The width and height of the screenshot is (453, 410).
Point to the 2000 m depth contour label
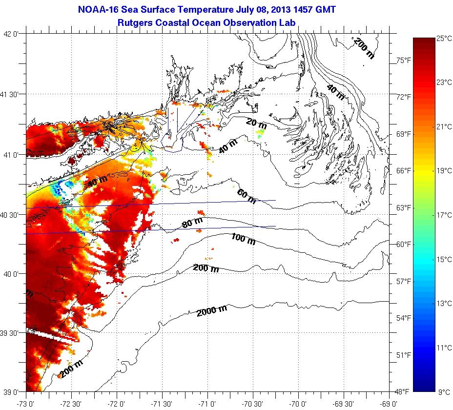pyautogui.click(x=212, y=309)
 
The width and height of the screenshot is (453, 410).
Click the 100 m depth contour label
pyautogui.click(x=243, y=239)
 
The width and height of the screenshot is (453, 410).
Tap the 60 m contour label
pyautogui.click(x=246, y=196)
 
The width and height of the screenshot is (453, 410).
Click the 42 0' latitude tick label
pyautogui.click(x=11, y=34)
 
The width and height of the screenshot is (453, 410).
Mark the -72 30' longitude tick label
pyautogui.click(x=71, y=404)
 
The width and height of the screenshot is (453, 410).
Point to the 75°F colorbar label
pyautogui.click(x=403, y=60)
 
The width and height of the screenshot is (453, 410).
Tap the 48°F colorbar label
pyautogui.click(x=403, y=391)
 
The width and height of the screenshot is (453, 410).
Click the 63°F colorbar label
pyautogui.click(x=403, y=207)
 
